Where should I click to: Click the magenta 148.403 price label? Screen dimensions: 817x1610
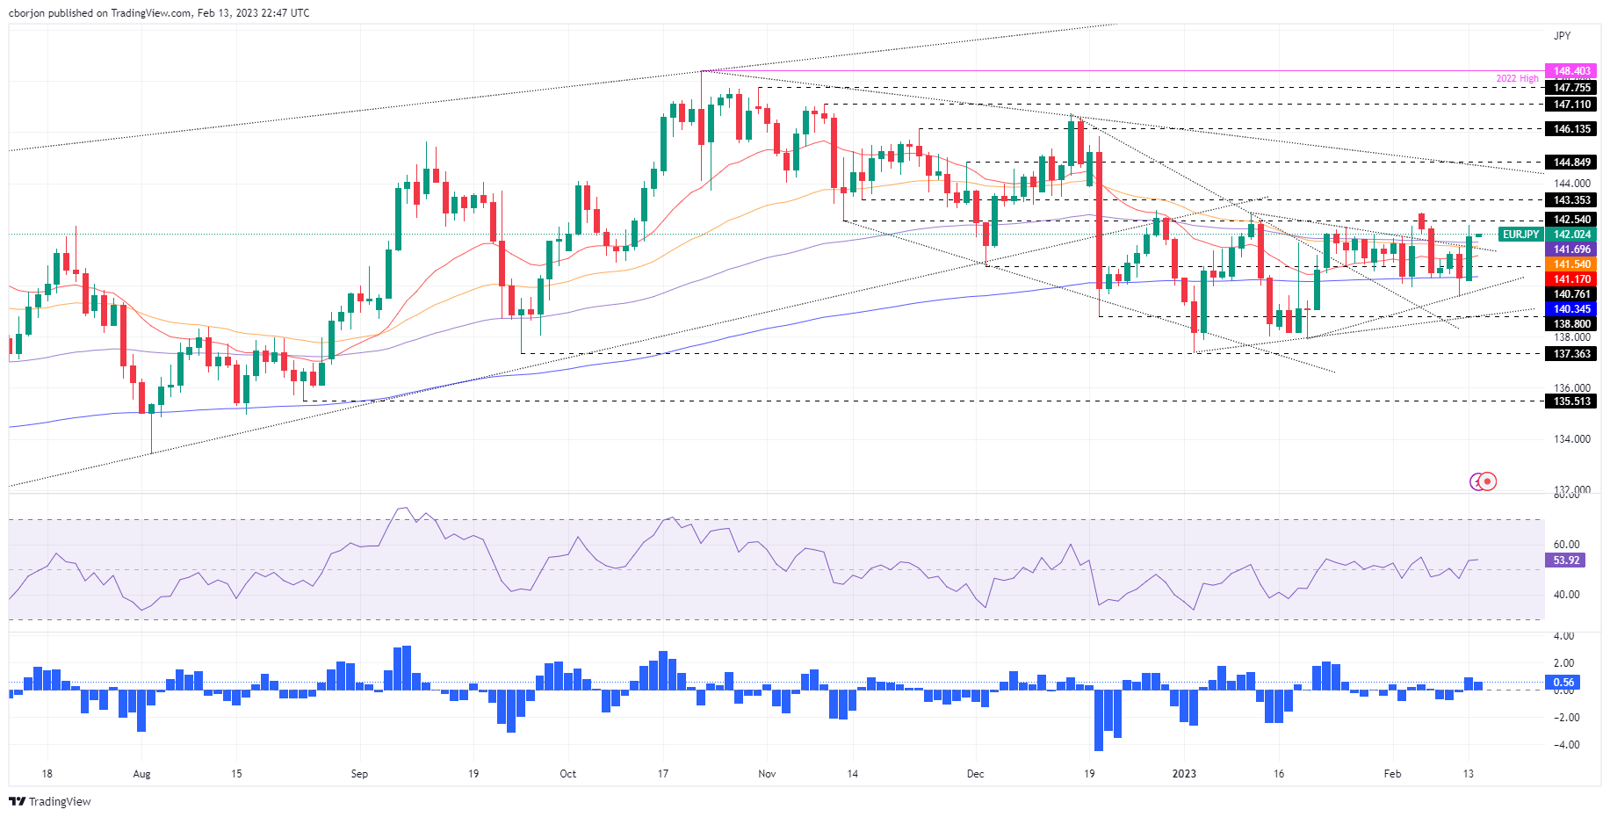tap(1571, 71)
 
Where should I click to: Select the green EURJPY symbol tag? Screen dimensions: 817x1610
tap(1520, 235)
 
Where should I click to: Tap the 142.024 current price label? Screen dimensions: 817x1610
tap(1571, 235)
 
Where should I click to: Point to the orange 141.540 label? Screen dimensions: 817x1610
tap(1571, 264)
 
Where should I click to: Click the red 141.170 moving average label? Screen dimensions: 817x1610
tap(1571, 279)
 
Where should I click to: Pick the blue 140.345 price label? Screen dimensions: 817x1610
tap(1571, 309)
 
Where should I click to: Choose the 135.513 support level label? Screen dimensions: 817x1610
tap(1571, 401)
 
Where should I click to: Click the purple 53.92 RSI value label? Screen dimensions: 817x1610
tap(1566, 560)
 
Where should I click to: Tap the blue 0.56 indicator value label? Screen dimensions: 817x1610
tap(1563, 683)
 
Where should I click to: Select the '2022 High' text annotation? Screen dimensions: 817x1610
tap(1517, 79)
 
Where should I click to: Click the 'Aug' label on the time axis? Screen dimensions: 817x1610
tap(141, 774)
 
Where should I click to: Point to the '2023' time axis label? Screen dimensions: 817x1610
tap(1184, 774)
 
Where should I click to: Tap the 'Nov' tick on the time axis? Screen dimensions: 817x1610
tap(767, 774)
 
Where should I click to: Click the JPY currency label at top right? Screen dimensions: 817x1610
tap(1562, 36)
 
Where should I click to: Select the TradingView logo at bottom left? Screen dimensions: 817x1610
tap(50, 801)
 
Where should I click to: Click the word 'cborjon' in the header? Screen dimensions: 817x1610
tap(27, 13)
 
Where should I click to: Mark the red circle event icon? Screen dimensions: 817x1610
tap(1487, 481)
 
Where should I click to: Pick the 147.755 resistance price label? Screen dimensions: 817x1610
tap(1571, 88)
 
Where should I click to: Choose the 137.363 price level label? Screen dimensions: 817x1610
tap(1571, 354)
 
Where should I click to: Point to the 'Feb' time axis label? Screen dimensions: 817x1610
tap(1392, 774)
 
